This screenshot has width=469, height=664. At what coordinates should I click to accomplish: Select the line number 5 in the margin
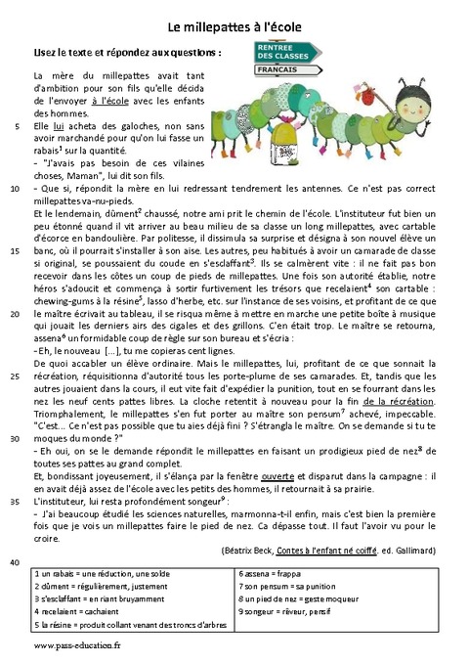click(x=20, y=127)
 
